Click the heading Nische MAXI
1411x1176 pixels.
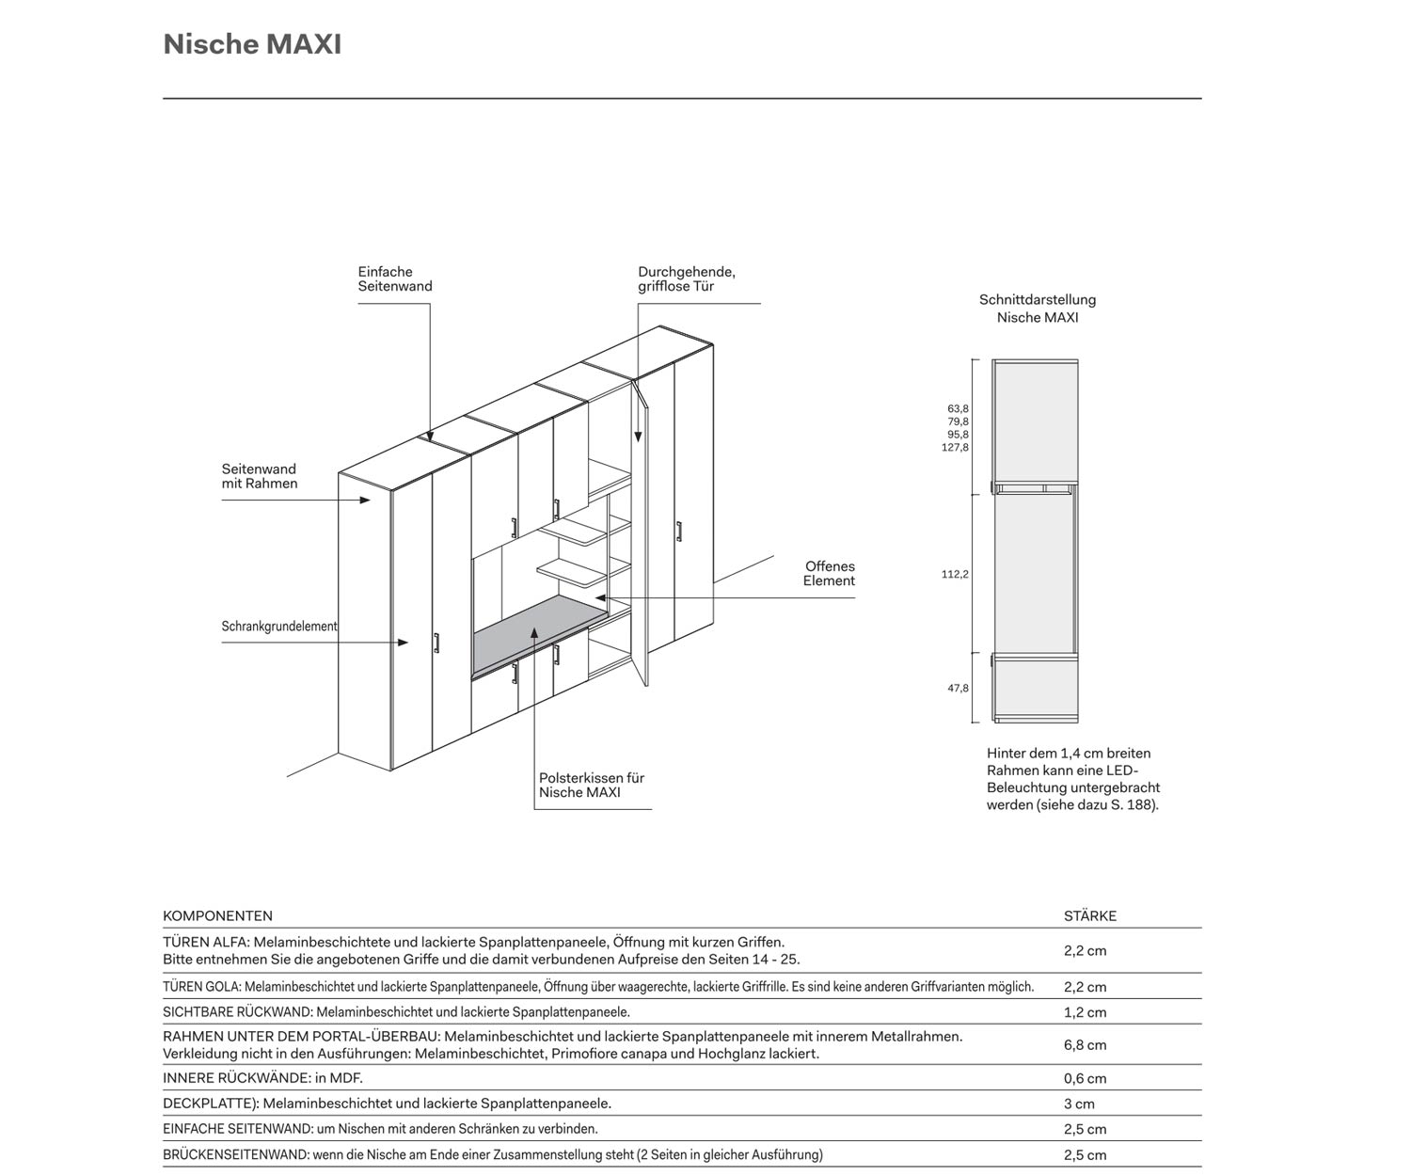point(252,44)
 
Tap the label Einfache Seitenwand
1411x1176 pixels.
point(394,279)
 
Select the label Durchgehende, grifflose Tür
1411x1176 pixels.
point(686,279)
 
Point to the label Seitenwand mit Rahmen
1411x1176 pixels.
point(259,476)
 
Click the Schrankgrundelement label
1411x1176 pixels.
point(279,627)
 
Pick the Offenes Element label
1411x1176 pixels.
point(829,574)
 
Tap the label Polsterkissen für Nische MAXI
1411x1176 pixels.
point(591,786)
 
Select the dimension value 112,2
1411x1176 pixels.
point(955,575)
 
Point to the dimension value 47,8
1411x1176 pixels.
point(958,689)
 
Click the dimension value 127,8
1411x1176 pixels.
point(955,448)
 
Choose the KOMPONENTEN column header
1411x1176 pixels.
point(217,916)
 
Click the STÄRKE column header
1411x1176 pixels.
point(1089,916)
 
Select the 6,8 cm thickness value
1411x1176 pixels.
point(1085,1045)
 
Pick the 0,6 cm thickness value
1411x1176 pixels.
point(1085,1079)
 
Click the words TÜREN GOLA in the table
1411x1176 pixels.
point(201,988)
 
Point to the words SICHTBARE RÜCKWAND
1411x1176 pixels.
point(237,1013)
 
